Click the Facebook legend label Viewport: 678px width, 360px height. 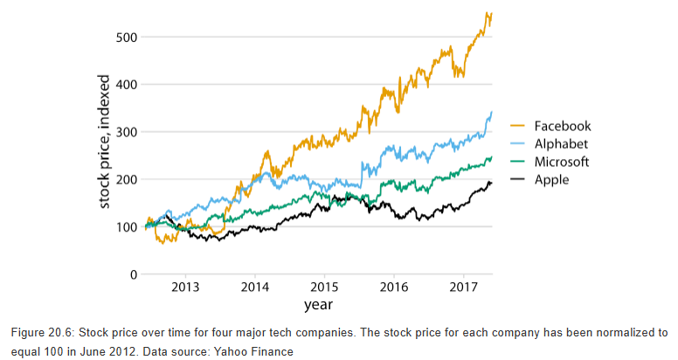[x=563, y=127]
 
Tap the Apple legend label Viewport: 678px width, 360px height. [x=552, y=180]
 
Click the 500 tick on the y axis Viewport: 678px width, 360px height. [x=126, y=38]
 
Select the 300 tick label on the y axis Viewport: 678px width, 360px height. [x=126, y=132]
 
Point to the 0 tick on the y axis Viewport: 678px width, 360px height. [x=134, y=274]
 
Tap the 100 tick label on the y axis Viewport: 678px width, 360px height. [x=126, y=227]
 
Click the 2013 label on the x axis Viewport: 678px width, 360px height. [x=185, y=287]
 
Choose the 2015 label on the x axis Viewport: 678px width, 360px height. [x=324, y=287]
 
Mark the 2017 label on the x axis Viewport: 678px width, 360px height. [x=464, y=287]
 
